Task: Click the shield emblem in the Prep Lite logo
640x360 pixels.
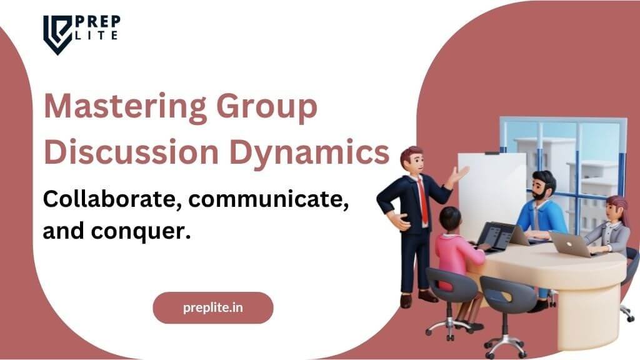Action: pyautogui.click(x=57, y=35)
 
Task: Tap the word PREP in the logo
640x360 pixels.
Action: pyautogui.click(x=98, y=22)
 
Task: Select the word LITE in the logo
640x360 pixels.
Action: pyautogui.click(x=97, y=36)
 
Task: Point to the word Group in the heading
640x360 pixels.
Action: pyautogui.click(x=267, y=107)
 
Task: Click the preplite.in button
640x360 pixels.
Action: pyautogui.click(x=213, y=307)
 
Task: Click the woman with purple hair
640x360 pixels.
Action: pyautogui.click(x=609, y=226)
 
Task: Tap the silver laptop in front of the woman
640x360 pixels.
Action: pyautogui.click(x=571, y=244)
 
